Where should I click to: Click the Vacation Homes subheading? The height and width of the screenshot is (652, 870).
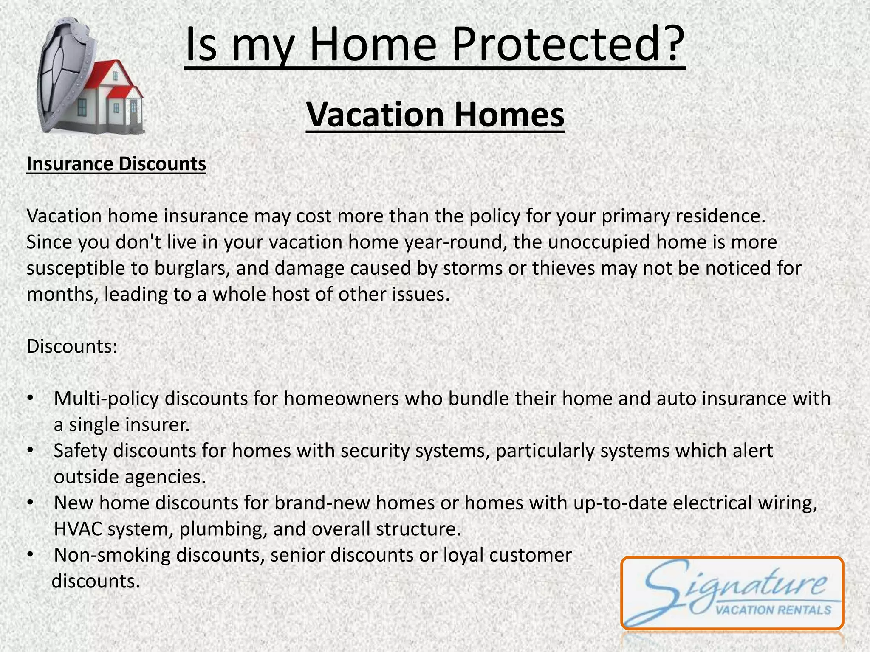435,115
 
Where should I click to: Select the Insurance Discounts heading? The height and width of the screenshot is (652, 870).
116,164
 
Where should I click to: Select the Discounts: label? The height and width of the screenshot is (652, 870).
72,346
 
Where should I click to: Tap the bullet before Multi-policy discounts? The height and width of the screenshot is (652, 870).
29,399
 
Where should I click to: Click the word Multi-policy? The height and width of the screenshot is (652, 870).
106,399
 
